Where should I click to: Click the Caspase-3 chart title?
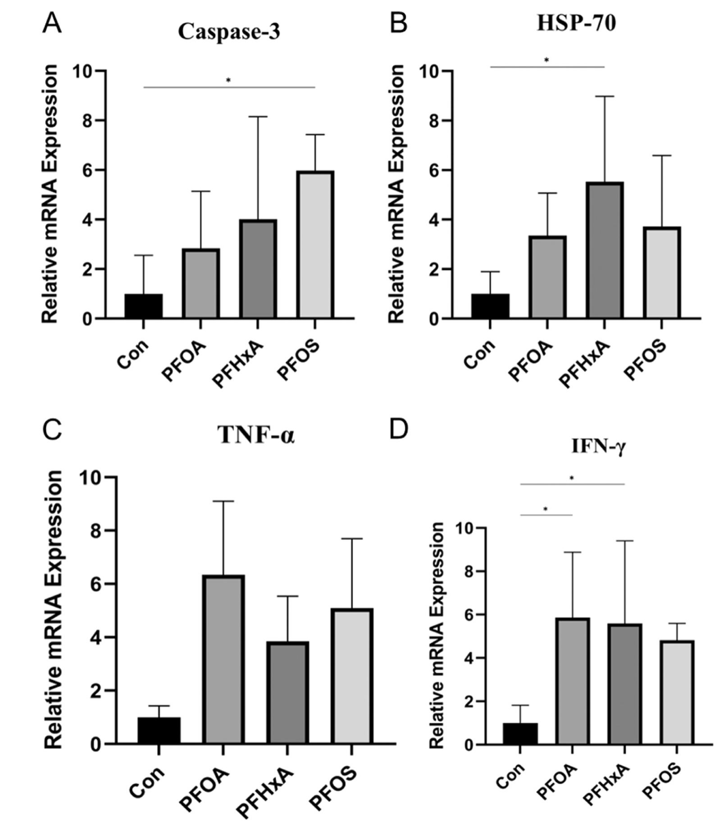click(x=229, y=32)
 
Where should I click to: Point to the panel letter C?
click(x=52, y=430)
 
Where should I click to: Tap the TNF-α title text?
click(x=256, y=435)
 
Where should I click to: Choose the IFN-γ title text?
click(x=598, y=446)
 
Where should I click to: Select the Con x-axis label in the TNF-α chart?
click(x=147, y=781)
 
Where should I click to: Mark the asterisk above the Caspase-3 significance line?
click(x=228, y=81)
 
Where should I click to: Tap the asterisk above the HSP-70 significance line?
click(x=546, y=60)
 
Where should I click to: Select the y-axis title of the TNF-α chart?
click(x=54, y=610)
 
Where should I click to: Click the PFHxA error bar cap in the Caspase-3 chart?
click(x=258, y=117)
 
